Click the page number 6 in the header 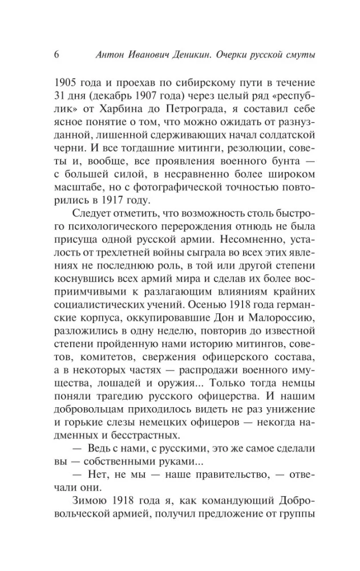[x=56, y=54]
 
